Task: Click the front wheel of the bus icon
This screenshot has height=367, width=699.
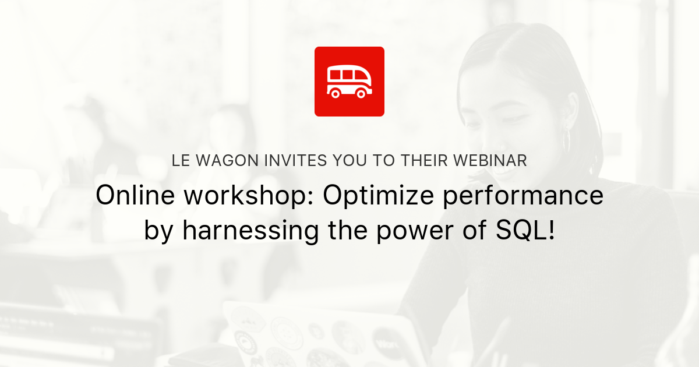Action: [362, 93]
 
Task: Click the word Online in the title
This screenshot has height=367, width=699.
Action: [133, 196]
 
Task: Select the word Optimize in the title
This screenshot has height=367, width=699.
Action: [378, 196]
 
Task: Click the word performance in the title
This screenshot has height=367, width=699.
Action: [523, 196]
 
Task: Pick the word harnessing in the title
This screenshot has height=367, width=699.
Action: [250, 231]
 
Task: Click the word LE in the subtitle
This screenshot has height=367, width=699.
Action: [180, 161]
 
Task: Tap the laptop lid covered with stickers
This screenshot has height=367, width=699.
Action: [303, 338]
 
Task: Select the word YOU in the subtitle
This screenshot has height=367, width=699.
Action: [350, 161]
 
